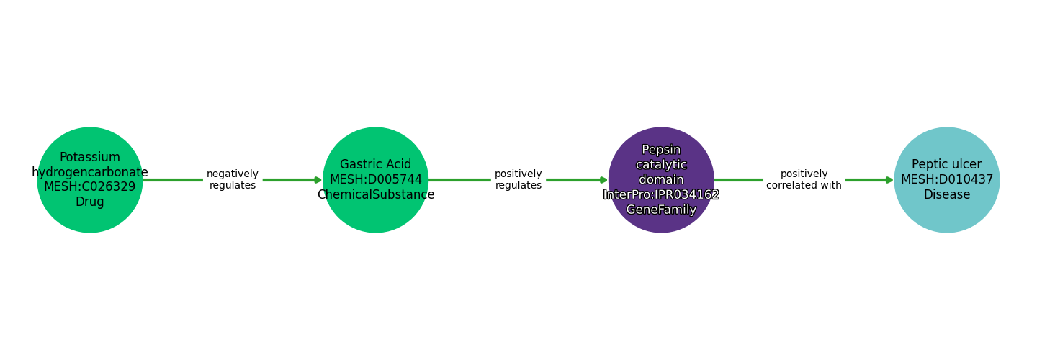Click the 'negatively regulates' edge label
(x=232, y=180)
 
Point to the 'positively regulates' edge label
(x=518, y=180)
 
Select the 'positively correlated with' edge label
(x=804, y=180)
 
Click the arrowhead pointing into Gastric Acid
(x=318, y=180)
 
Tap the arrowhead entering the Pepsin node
(x=604, y=180)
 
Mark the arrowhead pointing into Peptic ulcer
(x=889, y=180)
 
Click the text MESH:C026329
(x=90, y=187)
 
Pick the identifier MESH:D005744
(x=375, y=180)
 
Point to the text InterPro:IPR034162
(x=661, y=195)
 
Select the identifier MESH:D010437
(x=946, y=180)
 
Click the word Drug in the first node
(x=90, y=202)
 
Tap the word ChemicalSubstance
(x=375, y=195)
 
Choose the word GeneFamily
(x=661, y=210)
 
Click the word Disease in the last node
(x=946, y=195)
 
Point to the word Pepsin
(x=661, y=150)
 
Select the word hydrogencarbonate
(x=90, y=172)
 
